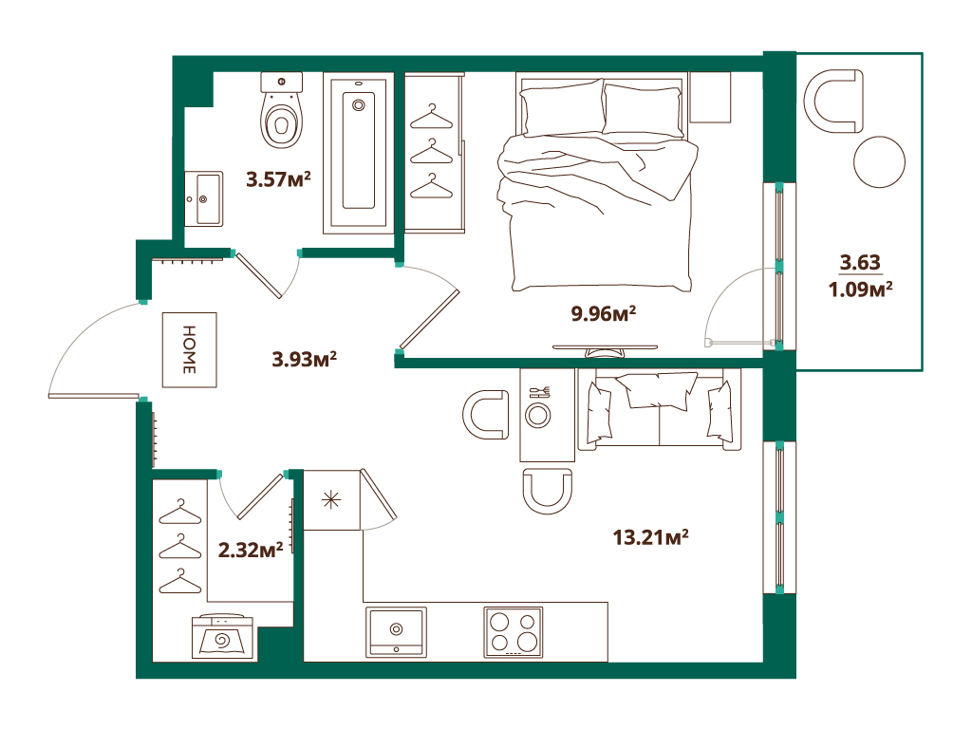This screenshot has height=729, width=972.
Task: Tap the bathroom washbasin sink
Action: pyautogui.click(x=203, y=198)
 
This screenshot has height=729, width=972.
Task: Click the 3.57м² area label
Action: pyautogui.click(x=279, y=178)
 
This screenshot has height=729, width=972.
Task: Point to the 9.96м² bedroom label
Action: pyautogui.click(x=603, y=312)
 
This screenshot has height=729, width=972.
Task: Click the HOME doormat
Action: pyautogui.click(x=189, y=349)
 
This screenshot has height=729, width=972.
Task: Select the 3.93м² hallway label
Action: pyautogui.click(x=306, y=360)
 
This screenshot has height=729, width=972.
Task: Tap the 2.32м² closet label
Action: pyautogui.click(x=252, y=550)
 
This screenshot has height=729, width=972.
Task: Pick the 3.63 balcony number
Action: pyautogui.click(x=860, y=262)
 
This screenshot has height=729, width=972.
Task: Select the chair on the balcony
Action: pyautogui.click(x=835, y=101)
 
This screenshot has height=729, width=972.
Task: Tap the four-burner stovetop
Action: pyautogui.click(x=514, y=631)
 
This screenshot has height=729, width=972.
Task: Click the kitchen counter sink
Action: pyautogui.click(x=396, y=631)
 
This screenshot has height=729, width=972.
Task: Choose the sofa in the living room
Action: pyautogui.click(x=658, y=409)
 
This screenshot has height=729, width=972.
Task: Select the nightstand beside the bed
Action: pyautogui.click(x=710, y=97)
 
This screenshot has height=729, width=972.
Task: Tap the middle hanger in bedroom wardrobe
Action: pyautogui.click(x=433, y=150)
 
